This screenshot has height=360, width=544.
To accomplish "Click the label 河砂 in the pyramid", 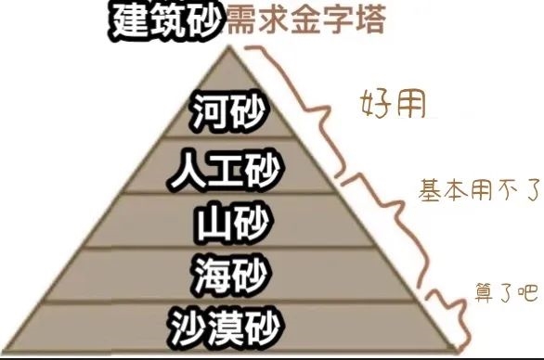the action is (x=227, y=114).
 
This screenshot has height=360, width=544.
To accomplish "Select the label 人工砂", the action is (x=227, y=171).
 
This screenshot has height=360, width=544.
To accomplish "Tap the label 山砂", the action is (x=227, y=223).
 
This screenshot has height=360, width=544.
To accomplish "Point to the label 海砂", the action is (x=227, y=275).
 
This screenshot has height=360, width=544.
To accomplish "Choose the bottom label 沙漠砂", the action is (x=227, y=325).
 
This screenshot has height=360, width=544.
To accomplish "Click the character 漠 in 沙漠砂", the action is (x=227, y=325).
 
